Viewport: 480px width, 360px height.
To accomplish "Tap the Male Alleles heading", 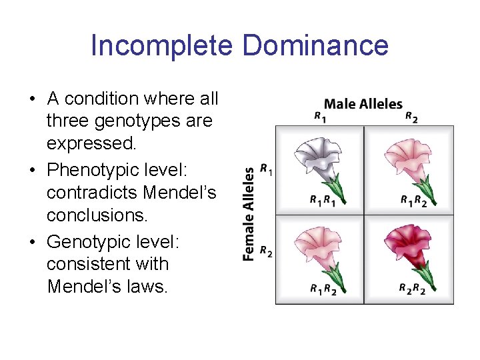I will click(363, 104).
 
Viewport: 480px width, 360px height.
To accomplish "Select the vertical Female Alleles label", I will click(249, 213).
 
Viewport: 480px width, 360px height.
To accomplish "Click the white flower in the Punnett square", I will click(321, 160).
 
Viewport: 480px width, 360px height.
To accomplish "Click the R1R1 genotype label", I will click(323, 200).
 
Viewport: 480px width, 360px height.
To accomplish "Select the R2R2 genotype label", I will click(413, 289).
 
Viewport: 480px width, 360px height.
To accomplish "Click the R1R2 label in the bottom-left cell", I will click(323, 289).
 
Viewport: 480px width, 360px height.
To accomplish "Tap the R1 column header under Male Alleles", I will click(320, 117).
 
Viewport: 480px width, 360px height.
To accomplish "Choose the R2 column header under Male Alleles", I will click(411, 117).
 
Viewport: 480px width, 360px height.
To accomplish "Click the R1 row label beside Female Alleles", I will click(266, 170).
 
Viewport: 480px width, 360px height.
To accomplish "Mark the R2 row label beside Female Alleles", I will click(266, 251).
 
